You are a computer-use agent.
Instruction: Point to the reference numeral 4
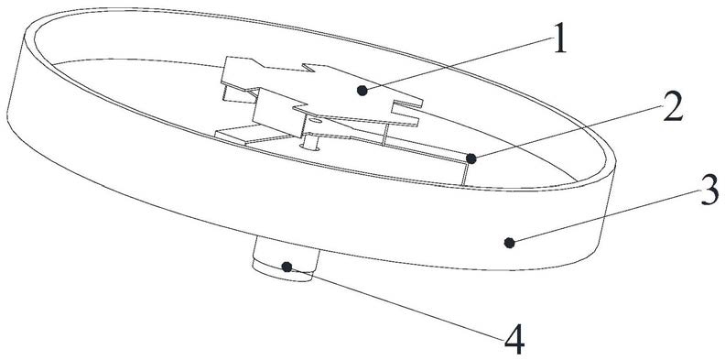coord(514,339)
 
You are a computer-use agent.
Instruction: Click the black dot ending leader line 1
coord(362,92)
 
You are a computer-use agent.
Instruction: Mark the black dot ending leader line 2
coord(471,159)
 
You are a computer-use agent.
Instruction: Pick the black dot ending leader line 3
coord(510,243)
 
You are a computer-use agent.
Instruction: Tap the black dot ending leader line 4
coord(287,267)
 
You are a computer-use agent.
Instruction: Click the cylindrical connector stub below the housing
coord(286,259)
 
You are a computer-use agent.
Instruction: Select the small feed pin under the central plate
coord(310,143)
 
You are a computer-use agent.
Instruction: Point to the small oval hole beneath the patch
coord(313,120)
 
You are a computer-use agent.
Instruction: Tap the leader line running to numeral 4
coord(395,303)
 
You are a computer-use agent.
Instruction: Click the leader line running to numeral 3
coord(605,216)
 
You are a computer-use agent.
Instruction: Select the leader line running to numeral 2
coord(568,133)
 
